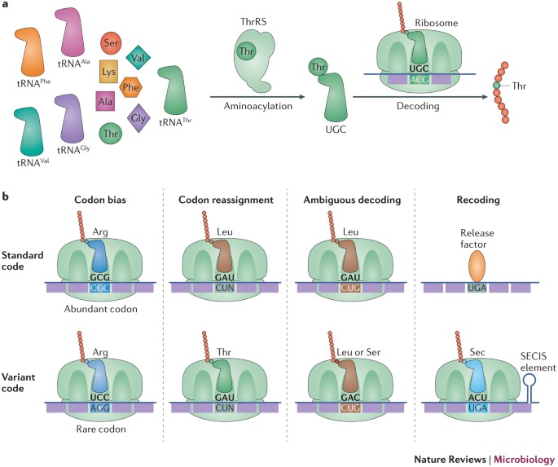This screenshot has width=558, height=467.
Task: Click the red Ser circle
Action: coord(112,44)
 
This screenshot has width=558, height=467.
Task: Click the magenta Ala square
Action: coord(104,102)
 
